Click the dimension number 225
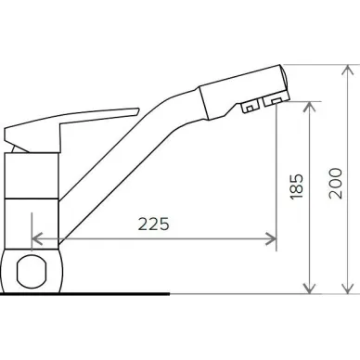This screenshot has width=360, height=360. click(x=154, y=224)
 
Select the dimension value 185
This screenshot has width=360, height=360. click(x=296, y=186)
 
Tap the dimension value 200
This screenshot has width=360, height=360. click(x=336, y=184)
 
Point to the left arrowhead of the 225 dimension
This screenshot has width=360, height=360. click(x=37, y=238)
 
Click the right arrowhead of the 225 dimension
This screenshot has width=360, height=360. click(x=271, y=238)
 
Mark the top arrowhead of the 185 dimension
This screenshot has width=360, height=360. click(x=309, y=107)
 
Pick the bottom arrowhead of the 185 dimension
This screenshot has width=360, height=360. click(x=309, y=289)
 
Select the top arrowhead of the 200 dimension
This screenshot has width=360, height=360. click(x=348, y=71)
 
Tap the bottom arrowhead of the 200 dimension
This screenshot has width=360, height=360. click(x=348, y=289)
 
